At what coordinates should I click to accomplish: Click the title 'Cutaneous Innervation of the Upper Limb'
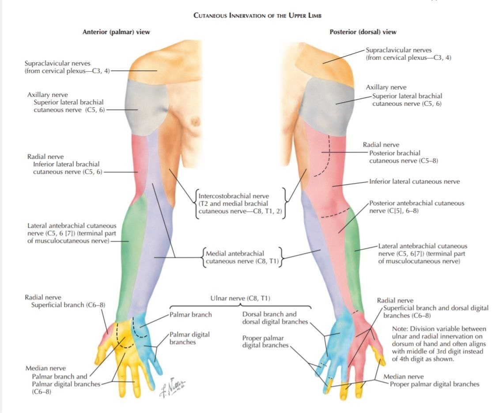pos(257,15)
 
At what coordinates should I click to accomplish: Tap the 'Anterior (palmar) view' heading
pos(116,32)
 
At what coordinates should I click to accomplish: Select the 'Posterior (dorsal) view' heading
pos(363,32)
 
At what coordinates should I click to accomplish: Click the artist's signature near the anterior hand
pos(173,387)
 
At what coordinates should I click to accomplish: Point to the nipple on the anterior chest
pos(196,120)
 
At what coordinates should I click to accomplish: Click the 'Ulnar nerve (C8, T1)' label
pos(240,298)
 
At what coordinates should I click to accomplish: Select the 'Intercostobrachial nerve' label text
pos(234,196)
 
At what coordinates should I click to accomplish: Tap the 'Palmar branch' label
pos(191,315)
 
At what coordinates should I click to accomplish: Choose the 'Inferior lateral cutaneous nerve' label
pos(415,182)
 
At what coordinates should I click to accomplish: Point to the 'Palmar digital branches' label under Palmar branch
pos(189,338)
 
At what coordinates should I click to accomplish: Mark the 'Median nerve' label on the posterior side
pos(404,377)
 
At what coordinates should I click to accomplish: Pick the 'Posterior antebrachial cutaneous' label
pos(417,203)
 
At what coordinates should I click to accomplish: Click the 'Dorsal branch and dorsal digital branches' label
pos(275,318)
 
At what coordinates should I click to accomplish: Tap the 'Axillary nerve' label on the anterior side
pos(47,95)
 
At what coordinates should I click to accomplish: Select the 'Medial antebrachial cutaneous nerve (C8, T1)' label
pos(242,257)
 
